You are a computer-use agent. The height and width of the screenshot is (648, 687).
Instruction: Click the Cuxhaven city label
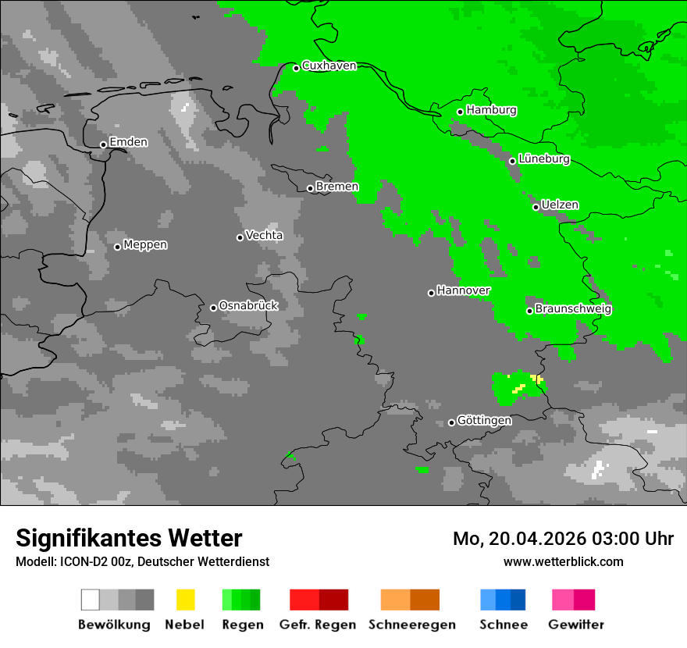pos(329,66)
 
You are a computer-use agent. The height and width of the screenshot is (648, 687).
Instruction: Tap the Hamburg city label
pos(491,110)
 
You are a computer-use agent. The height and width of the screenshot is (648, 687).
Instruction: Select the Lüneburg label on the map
pos(543,159)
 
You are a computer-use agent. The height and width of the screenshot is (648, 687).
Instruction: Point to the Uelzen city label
pos(560,205)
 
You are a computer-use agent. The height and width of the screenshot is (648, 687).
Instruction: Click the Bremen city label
pos(337,187)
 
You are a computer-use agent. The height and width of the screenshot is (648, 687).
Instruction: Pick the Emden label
pos(128,142)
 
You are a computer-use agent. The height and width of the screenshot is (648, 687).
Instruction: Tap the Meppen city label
pos(145,245)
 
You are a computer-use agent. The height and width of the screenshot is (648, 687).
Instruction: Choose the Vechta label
pos(264,236)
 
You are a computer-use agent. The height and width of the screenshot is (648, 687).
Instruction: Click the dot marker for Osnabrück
pos(213,308)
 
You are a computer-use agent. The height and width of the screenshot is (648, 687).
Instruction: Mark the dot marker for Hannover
pos(431,293)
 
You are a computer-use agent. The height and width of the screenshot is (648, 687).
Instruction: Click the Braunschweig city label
pos(573,309)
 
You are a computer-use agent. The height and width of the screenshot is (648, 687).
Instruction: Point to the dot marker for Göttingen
pos(451,422)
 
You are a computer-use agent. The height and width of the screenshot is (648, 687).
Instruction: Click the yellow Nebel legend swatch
pos(186,600)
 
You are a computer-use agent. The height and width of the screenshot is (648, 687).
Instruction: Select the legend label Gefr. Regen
pos(318,625)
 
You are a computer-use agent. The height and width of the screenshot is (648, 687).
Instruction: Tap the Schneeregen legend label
pos(411,625)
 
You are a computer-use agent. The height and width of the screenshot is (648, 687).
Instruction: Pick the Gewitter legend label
pos(576,625)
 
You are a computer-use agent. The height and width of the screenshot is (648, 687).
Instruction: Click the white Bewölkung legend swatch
pos(90,600)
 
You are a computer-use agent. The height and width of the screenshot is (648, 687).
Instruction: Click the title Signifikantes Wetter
pos(129,538)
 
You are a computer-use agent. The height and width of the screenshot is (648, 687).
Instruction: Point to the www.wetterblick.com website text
pos(564,562)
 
